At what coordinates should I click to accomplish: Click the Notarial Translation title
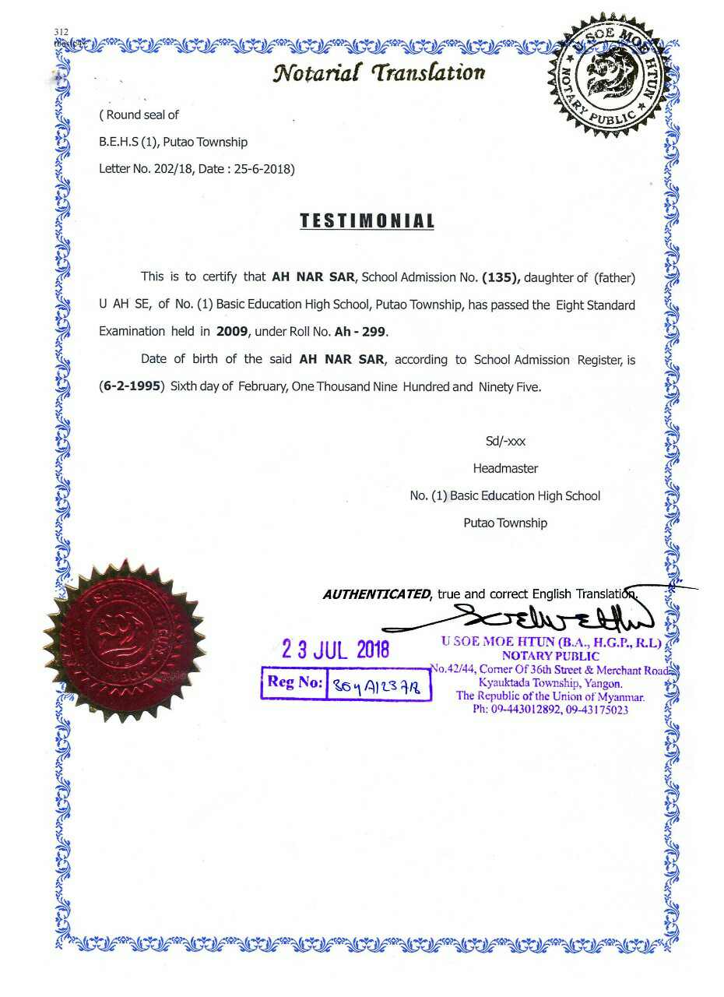click(x=379, y=73)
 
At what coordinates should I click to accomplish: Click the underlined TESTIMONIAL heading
click(x=367, y=221)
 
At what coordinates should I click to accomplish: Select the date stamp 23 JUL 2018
click(x=336, y=649)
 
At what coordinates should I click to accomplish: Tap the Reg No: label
click(x=294, y=683)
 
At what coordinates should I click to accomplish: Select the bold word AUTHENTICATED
click(x=377, y=594)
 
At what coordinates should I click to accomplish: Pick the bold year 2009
click(x=232, y=331)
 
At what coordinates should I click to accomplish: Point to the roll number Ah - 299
click(x=360, y=331)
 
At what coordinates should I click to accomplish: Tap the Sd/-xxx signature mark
click(x=505, y=442)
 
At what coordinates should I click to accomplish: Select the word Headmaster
click(x=505, y=469)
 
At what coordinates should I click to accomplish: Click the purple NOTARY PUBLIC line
click(x=550, y=657)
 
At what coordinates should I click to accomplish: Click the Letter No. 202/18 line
click(x=197, y=168)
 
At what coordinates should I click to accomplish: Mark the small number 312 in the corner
click(x=62, y=31)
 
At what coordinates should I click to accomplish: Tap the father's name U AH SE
click(x=124, y=305)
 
